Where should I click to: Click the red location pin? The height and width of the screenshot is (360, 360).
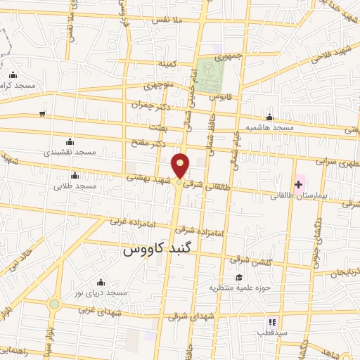[x=181, y=165]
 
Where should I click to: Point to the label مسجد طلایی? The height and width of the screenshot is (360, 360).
[x=75, y=186]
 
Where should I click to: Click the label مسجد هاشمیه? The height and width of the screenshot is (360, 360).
[x=269, y=129]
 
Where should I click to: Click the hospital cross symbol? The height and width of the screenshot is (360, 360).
[x=299, y=184]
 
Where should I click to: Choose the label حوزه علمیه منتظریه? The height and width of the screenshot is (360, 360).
[x=240, y=288]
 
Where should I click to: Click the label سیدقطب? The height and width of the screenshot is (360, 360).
[x=269, y=332]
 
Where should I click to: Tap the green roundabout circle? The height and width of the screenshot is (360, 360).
[x=54, y=304]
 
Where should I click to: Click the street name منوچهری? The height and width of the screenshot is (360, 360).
[x=158, y=86]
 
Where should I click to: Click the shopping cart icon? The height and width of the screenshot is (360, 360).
[x=43, y=114]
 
